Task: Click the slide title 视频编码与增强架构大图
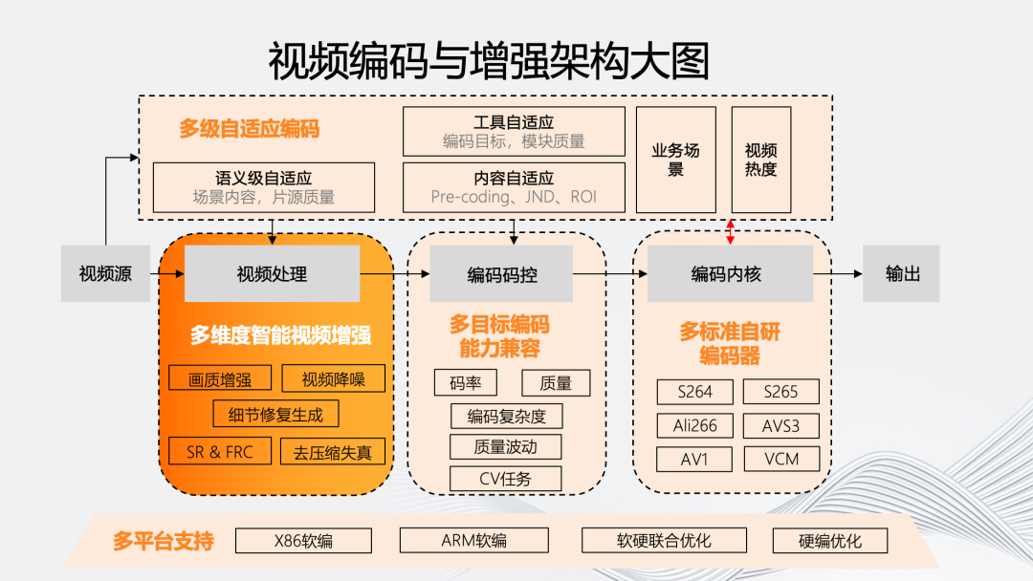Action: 489,62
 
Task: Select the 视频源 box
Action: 105,274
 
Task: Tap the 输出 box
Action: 902,274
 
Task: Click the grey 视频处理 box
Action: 272,274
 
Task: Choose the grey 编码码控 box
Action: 501,274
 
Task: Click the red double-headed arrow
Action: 731,230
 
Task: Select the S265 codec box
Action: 782,392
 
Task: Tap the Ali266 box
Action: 695,425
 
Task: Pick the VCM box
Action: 782,459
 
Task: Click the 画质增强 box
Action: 220,378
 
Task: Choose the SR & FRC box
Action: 220,451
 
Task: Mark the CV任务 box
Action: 505,479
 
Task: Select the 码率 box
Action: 465,383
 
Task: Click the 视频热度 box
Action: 761,160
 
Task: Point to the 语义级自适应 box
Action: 264,187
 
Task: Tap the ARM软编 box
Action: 474,541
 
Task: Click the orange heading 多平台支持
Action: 163,541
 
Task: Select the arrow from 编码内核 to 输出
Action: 837,274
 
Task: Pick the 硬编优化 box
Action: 830,541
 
